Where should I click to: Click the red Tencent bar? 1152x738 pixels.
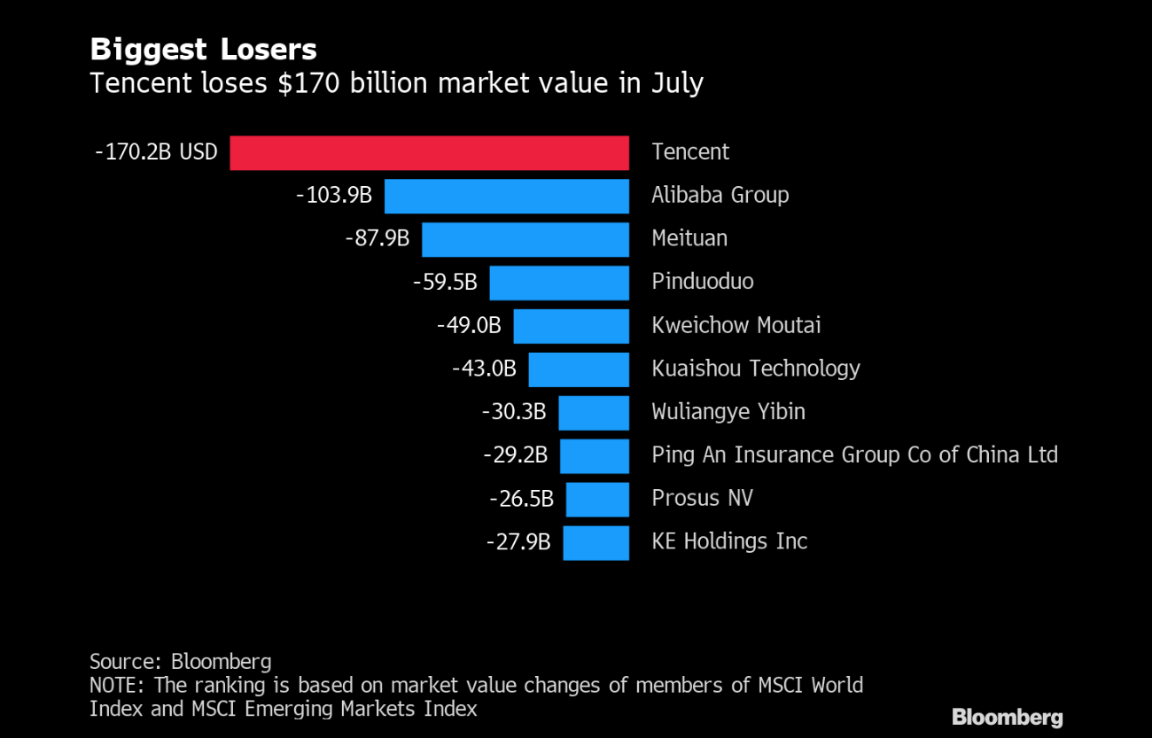(429, 152)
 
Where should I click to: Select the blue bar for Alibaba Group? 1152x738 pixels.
(506, 196)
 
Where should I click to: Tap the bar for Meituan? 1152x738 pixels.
(525, 239)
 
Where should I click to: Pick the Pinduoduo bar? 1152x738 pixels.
(559, 283)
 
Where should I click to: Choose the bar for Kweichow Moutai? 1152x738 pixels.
(571, 326)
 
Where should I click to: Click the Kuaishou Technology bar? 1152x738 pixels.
(579, 369)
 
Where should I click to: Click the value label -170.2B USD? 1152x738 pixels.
(156, 152)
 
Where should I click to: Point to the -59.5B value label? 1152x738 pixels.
(445, 283)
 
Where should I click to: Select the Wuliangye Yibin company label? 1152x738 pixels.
(728, 412)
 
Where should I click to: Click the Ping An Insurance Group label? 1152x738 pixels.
(854, 455)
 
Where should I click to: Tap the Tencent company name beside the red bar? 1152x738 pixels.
(690, 152)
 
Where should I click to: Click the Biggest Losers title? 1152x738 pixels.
(203, 49)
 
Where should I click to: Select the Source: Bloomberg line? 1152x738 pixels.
(180, 661)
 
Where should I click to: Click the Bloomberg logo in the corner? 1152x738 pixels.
(1007, 717)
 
